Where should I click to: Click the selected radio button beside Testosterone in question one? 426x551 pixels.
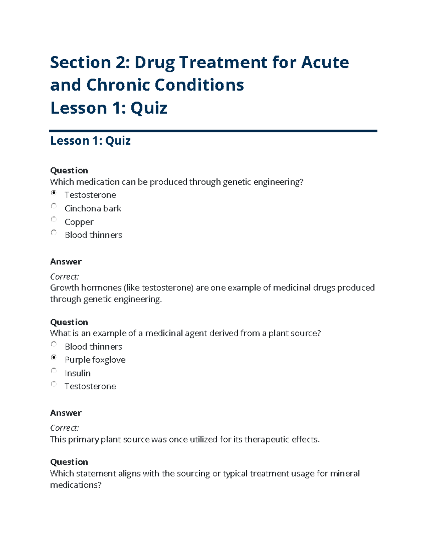pos(54,193)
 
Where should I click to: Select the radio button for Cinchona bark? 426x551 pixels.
pos(54,206)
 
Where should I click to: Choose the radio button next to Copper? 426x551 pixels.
pos(54,219)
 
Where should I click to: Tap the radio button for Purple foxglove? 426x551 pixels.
pos(54,357)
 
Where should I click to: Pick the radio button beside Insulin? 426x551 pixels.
pos(54,371)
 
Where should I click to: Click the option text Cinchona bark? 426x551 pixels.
pos(93,208)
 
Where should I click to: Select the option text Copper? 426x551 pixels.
pos(79,222)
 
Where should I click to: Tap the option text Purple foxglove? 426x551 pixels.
pos(95,360)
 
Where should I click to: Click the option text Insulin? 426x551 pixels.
pos(77,373)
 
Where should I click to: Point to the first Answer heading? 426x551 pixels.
pos(66,262)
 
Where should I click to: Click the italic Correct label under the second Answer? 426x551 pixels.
pos(64,428)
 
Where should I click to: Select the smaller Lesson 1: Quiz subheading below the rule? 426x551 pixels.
pos(90,141)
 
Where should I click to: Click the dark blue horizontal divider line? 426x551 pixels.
pos(213,131)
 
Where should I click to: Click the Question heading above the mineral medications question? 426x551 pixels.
pos(69,462)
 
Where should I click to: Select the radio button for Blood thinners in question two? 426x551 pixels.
pos(54,344)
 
